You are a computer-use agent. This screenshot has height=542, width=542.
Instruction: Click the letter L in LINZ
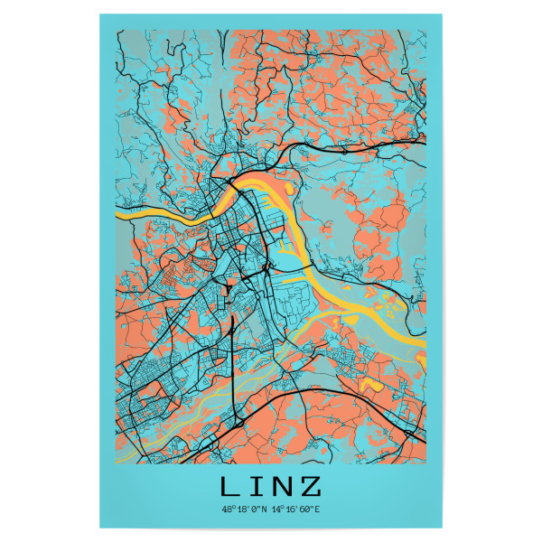[229, 487]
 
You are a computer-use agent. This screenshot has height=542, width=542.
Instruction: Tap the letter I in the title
[257, 487]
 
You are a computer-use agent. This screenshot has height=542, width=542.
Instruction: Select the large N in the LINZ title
[283, 487]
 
